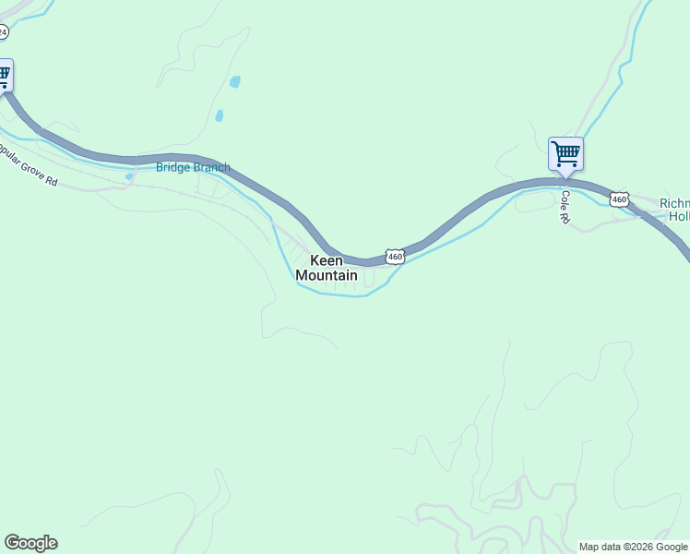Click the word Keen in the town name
(x=326, y=260)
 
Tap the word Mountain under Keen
(x=327, y=275)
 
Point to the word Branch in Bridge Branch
(x=211, y=167)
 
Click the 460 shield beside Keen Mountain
(x=396, y=256)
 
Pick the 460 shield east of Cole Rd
(x=619, y=199)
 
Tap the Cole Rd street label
(x=565, y=208)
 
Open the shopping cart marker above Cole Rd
(x=565, y=153)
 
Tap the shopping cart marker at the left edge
(x=4, y=74)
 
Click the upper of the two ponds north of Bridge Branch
(x=235, y=82)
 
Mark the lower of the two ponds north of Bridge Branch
(x=219, y=116)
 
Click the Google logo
(x=30, y=543)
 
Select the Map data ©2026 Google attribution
(x=634, y=547)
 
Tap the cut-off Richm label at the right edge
(x=674, y=203)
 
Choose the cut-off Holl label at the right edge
(x=679, y=216)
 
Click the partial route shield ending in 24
(x=3, y=31)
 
